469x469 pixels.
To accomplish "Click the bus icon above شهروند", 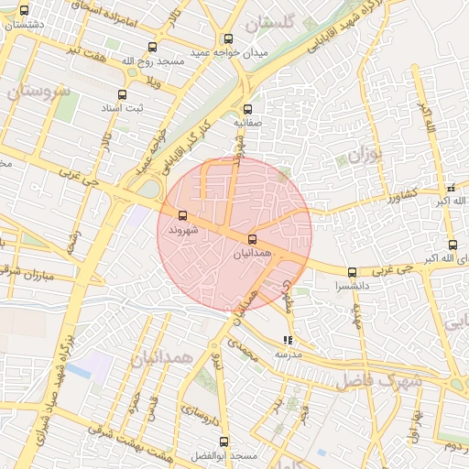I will click(182, 216).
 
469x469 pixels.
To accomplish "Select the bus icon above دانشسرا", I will click(353, 272).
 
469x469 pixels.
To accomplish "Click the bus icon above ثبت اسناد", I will click(122, 93).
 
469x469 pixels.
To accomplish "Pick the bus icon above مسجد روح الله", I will click(152, 47).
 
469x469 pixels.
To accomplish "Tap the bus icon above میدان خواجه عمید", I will click(227, 39).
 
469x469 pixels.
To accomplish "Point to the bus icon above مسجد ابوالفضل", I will click(224, 442).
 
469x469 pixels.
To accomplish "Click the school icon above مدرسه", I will click(289, 339).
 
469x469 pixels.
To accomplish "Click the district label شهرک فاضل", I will click(376, 378).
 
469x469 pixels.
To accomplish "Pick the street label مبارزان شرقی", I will click(41, 274).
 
